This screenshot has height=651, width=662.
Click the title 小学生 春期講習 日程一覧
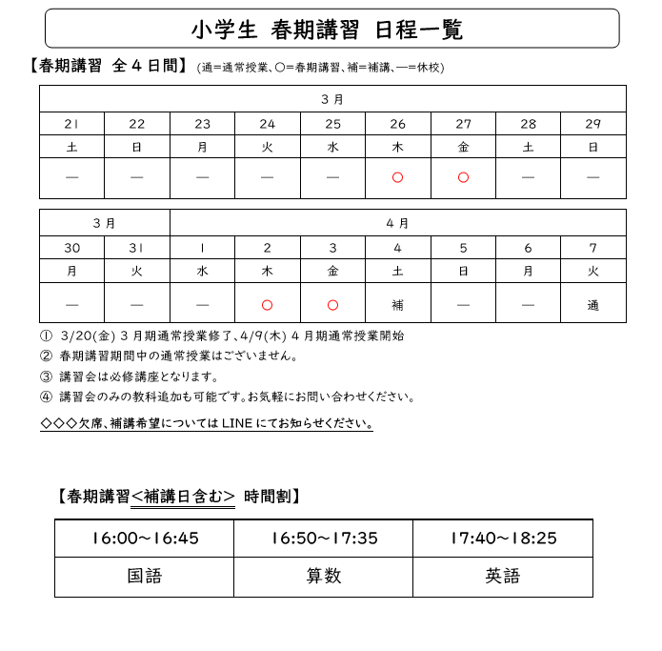pos(327,30)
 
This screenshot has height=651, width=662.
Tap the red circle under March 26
pos(398,177)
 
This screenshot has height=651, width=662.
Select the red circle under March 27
pos(463,177)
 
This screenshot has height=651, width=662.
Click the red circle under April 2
pos(268,305)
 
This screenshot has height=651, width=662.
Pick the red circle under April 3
pos(332,305)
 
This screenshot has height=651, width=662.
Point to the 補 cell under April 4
pos(398,305)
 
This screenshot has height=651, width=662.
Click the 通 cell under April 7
pos(593,305)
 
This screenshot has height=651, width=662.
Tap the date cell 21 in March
pos(71,124)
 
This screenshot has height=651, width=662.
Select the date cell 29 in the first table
pos(593,124)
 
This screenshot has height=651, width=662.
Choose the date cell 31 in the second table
pos(137,248)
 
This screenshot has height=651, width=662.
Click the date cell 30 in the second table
pos(71,248)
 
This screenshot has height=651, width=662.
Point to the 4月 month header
pos(397,223)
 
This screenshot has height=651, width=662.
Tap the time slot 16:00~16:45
pos(145,539)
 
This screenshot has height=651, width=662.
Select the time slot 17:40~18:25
pos(503,539)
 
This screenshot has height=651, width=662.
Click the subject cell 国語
pos(145,576)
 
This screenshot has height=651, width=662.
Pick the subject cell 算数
pos(324,576)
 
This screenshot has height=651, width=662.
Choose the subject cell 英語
pos(503,576)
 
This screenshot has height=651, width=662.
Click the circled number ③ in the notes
pos(46,376)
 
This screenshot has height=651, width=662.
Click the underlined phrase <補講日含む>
pos(183,496)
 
